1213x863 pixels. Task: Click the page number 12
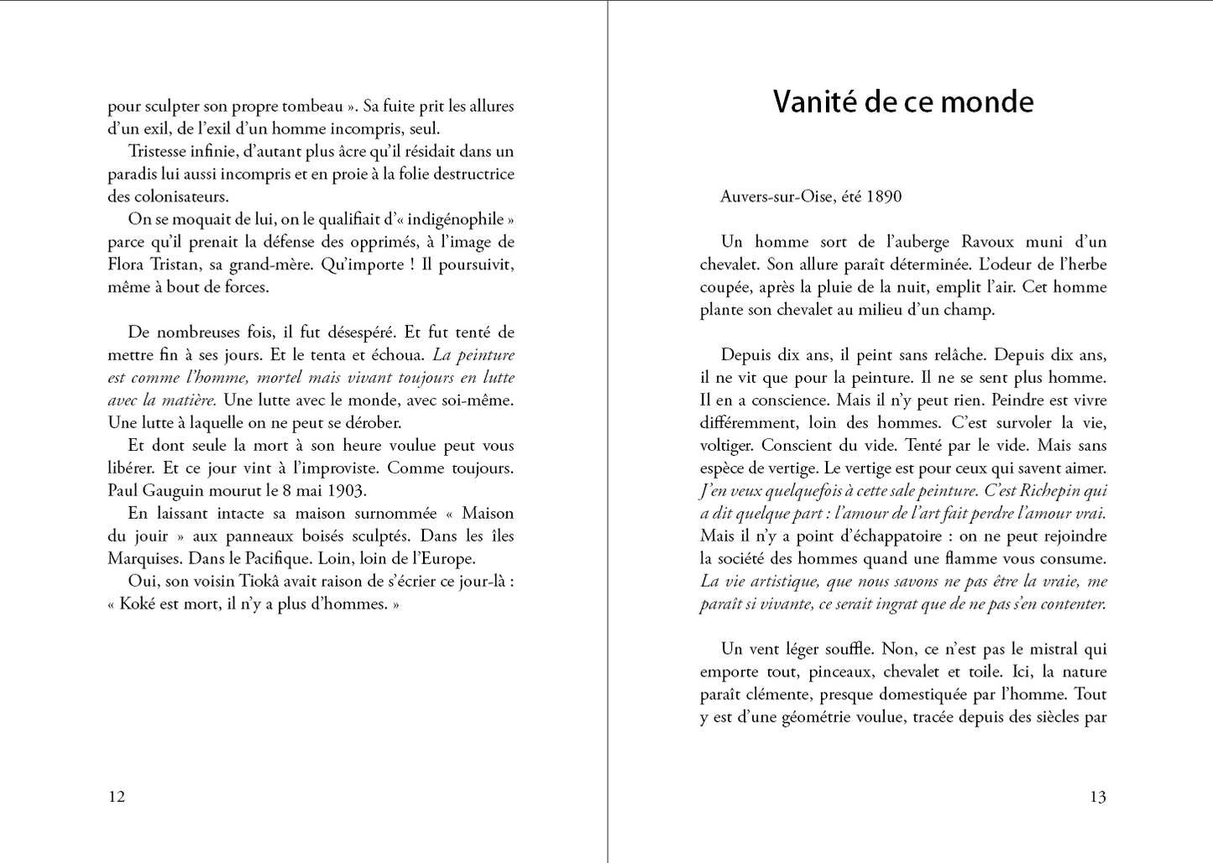(117, 797)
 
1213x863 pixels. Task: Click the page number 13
(1098, 797)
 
